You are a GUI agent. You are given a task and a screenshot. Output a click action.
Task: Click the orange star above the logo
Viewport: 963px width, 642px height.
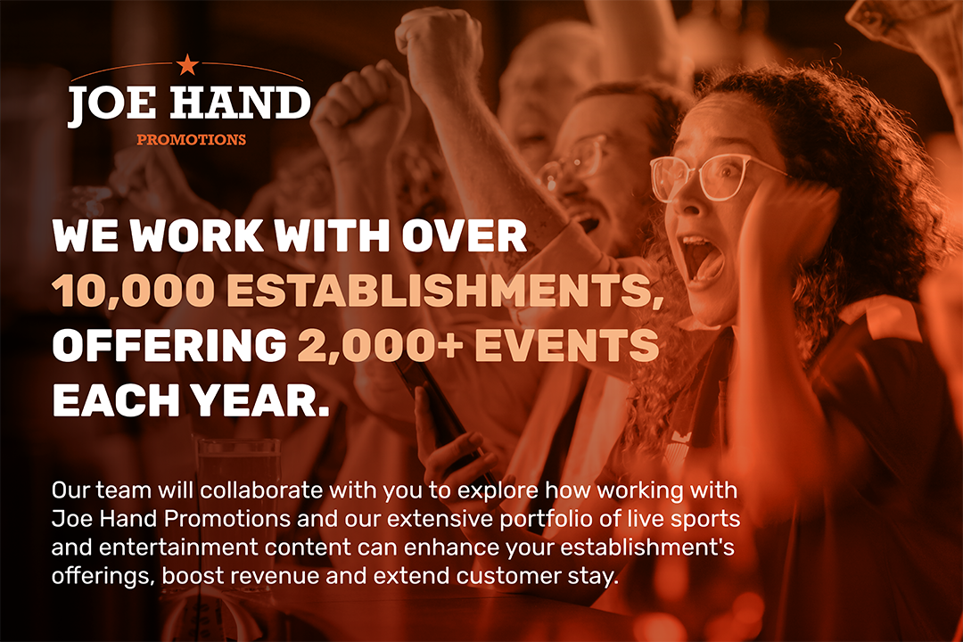coord(187,64)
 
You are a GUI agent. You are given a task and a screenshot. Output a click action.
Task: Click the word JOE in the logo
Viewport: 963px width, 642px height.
coord(112,103)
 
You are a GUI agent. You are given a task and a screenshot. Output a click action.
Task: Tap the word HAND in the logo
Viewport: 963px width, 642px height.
coord(240,103)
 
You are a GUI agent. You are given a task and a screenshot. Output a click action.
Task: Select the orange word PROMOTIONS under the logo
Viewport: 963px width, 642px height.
coord(191,139)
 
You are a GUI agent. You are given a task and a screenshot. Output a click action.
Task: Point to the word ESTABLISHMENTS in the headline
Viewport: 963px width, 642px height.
coord(445,292)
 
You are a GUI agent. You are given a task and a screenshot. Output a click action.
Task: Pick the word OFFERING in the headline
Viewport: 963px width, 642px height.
coord(169,345)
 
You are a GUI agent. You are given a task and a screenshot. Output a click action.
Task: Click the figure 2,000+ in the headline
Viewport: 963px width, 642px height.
coord(380,345)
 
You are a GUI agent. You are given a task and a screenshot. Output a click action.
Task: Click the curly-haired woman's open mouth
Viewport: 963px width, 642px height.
coord(703,258)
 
